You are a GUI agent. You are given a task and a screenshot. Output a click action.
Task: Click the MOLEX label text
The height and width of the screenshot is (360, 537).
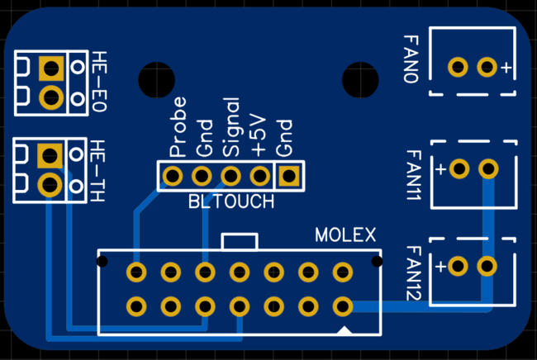point(345,234)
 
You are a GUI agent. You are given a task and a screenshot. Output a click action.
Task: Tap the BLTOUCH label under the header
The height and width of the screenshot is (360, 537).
point(230,201)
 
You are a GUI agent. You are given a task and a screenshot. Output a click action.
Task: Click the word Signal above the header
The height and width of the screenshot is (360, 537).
point(232,128)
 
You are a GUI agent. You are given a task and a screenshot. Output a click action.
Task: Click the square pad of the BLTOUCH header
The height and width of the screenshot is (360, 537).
point(288,176)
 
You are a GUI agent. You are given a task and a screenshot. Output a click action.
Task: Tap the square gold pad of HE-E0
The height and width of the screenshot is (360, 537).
point(51,67)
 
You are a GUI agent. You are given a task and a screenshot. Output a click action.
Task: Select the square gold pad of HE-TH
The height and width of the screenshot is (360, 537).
point(50,154)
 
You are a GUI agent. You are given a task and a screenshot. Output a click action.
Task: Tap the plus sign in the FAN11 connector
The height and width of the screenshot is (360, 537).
point(441,169)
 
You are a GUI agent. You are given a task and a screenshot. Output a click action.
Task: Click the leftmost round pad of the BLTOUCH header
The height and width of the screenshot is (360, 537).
point(173,176)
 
